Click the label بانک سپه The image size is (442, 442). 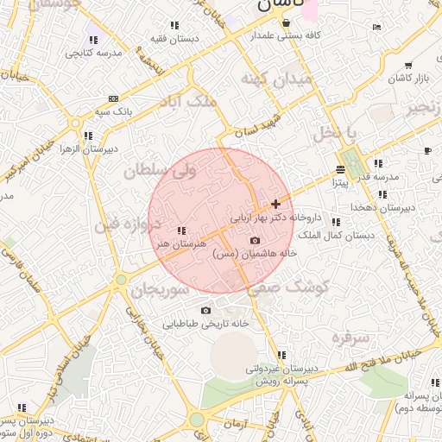[113, 112]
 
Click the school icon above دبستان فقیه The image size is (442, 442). [175, 26]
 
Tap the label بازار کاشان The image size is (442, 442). [408, 79]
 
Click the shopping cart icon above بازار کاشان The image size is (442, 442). [407, 66]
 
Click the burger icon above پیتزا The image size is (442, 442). [339, 170]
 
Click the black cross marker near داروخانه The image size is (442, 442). [275, 205]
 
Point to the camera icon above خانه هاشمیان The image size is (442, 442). [254, 240]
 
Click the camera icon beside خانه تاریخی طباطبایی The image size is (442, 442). [205, 310]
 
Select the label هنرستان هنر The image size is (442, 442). [180, 244]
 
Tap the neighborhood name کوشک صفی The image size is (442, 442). [286, 289]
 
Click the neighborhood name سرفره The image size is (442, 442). [349, 337]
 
